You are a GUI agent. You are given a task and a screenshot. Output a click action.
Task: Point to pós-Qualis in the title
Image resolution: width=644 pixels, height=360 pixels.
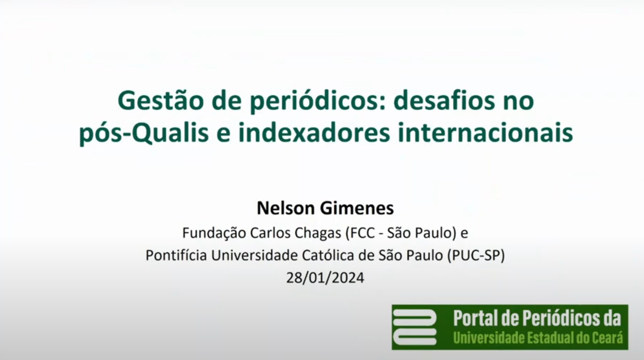144,133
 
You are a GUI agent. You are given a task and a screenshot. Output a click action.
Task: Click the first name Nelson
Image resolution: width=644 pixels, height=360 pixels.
286,208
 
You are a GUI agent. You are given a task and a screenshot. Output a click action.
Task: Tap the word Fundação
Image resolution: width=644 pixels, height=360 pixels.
214,233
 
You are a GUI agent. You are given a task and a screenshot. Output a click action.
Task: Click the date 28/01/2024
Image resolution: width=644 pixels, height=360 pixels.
325,278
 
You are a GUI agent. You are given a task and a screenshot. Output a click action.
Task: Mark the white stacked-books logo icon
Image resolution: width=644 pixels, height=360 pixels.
415,327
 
